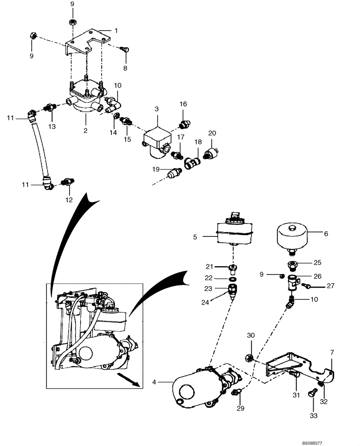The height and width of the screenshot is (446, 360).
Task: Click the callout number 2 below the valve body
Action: (85, 131)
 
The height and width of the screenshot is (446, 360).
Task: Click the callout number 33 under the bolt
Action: (313, 415)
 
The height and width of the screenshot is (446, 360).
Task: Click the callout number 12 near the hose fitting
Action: (69, 200)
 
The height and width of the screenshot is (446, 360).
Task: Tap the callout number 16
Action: (183, 104)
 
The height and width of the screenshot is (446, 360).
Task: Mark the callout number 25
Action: (317, 262)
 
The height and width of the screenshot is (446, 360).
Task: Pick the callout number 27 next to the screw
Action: (330, 286)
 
